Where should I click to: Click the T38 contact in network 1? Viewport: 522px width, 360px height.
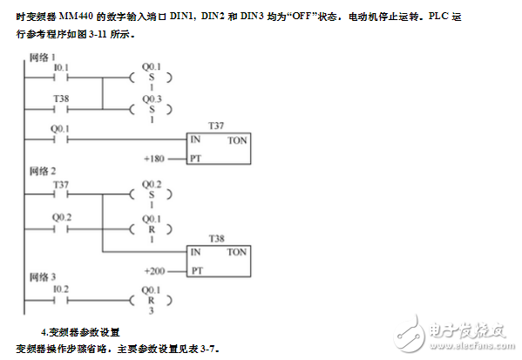60,109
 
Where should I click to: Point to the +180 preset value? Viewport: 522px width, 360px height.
154,159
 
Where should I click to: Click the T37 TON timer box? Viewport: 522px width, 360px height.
221,149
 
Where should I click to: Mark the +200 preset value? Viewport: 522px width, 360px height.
154,270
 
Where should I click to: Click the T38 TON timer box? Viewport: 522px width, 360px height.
221,260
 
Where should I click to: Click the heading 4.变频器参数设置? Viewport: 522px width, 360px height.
80,332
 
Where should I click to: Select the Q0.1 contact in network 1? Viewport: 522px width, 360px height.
60,139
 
